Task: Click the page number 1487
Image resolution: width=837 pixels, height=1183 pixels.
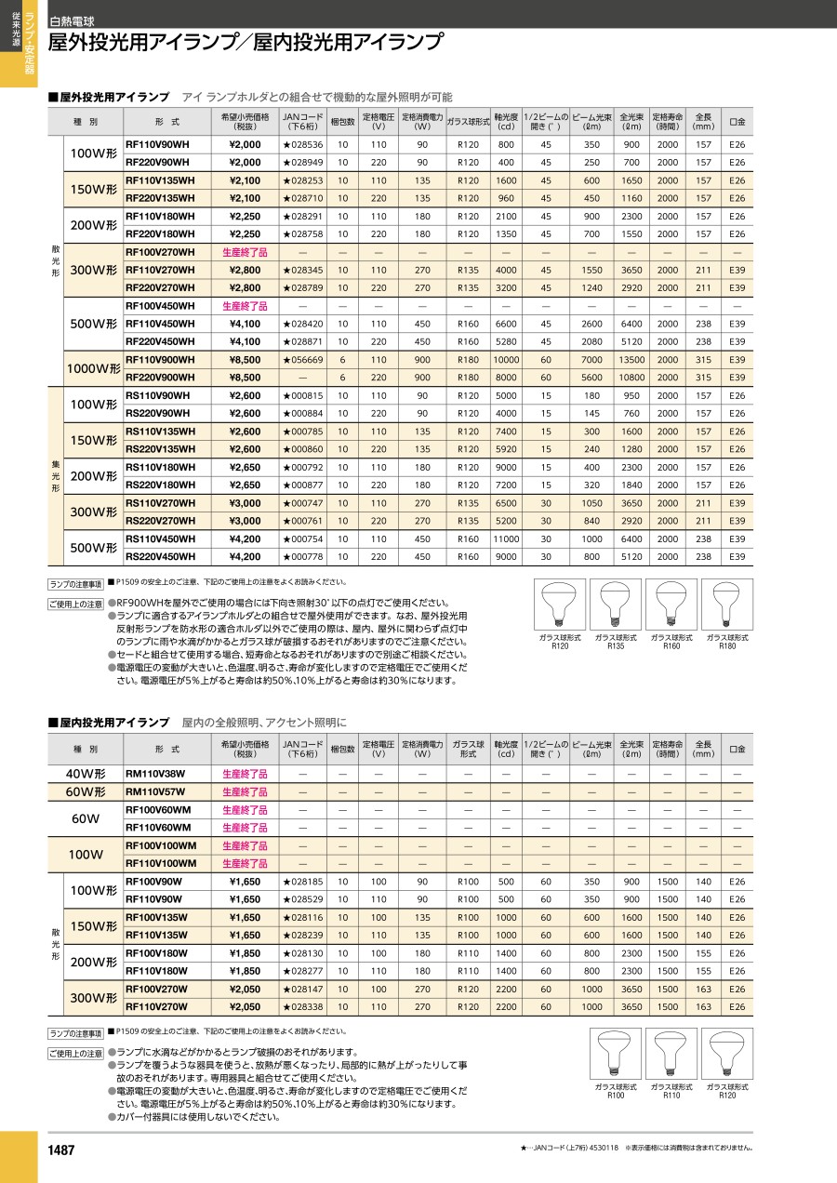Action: click(x=61, y=1150)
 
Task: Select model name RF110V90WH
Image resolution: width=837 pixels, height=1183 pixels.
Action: click(x=156, y=145)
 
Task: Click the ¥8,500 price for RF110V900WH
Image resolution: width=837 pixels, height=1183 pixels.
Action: click(x=245, y=360)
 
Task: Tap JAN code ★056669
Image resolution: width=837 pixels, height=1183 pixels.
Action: click(x=302, y=360)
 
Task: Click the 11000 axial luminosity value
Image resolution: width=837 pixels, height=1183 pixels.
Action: click(x=506, y=539)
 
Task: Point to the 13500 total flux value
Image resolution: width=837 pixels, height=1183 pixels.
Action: click(x=631, y=360)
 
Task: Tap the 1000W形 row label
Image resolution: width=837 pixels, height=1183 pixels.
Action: click(x=93, y=369)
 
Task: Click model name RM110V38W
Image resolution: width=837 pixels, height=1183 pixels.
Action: click(x=155, y=774)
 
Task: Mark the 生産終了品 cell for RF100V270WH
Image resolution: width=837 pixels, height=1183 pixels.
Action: click(x=245, y=252)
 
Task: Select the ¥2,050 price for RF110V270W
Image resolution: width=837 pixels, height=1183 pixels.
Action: click(x=245, y=1007)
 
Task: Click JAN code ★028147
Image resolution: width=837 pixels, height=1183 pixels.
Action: click(x=302, y=990)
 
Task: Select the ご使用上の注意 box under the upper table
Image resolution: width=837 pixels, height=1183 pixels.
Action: click(x=76, y=605)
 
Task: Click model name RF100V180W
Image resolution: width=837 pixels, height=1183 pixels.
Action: click(x=156, y=953)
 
